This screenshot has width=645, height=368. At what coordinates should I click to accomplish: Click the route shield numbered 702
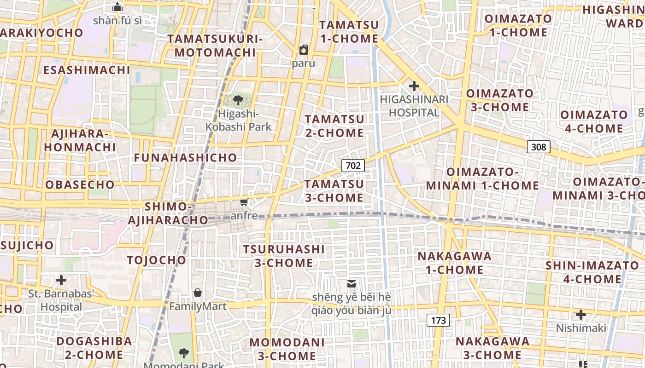(353, 166)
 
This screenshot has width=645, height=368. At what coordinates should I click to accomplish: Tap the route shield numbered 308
(538, 147)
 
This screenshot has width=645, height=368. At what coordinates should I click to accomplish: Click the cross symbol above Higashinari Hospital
(414, 86)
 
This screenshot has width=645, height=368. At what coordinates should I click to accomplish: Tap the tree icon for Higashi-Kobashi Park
(238, 100)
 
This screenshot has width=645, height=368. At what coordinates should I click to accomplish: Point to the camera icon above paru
(304, 50)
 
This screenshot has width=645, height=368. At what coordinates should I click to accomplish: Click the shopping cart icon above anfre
(244, 202)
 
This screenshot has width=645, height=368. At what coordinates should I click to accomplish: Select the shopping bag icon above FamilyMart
(198, 293)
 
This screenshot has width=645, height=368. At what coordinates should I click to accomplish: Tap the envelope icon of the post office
(352, 284)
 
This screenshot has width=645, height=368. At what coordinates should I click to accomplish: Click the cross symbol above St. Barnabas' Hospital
(61, 280)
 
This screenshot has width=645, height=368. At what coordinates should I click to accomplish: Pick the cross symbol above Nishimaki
(581, 315)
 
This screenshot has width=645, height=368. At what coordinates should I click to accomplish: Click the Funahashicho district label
(185, 158)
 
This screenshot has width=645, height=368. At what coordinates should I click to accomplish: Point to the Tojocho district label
(157, 260)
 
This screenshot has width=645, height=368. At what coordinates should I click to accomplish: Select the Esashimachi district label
(87, 70)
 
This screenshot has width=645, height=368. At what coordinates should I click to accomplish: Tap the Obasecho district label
(80, 185)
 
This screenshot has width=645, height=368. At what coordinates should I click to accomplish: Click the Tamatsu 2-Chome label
(334, 126)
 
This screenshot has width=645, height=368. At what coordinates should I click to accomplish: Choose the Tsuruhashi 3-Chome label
(284, 256)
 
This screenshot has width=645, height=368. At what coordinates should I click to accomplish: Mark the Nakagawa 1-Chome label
(454, 263)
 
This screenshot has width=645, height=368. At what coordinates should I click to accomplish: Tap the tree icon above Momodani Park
(184, 353)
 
